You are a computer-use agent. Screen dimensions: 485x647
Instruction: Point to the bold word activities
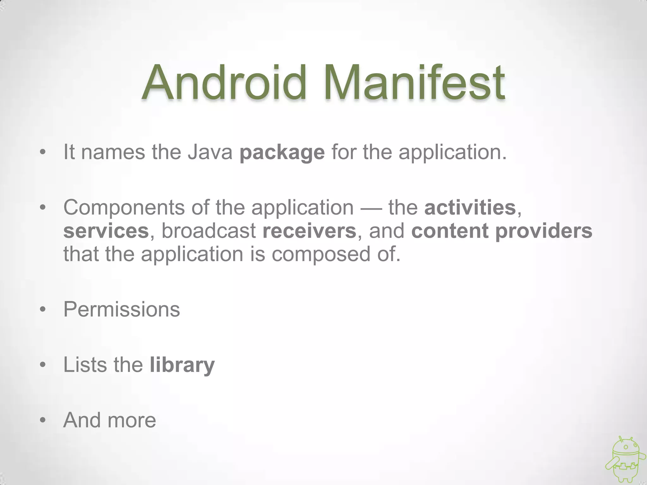click(x=470, y=207)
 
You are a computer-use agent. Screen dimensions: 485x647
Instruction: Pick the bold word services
click(x=106, y=231)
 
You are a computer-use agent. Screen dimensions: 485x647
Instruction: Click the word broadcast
click(x=209, y=231)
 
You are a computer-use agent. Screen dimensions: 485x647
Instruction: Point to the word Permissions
click(x=122, y=309)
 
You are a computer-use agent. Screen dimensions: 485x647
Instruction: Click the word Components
click(x=124, y=208)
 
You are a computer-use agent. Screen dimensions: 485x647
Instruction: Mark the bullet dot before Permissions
click(x=43, y=309)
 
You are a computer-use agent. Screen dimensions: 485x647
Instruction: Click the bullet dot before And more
click(x=43, y=421)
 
